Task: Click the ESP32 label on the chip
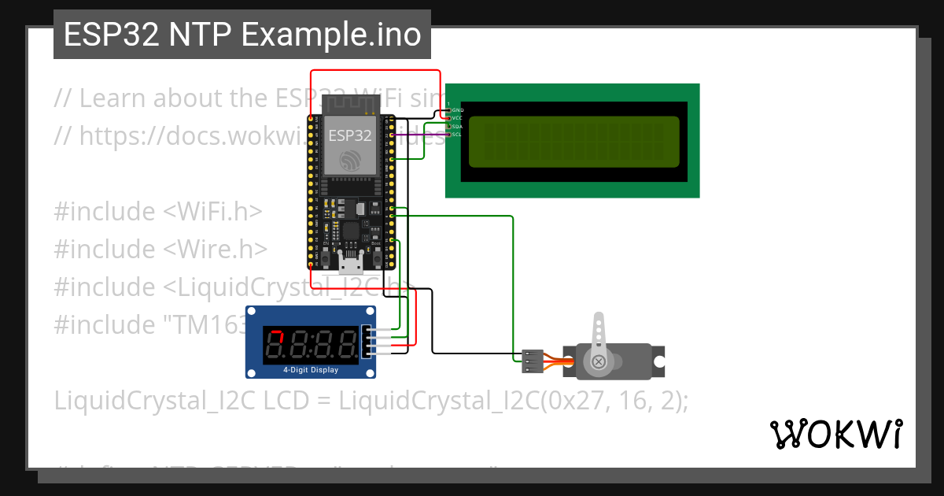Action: [x=350, y=135]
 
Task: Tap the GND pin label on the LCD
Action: [x=458, y=109]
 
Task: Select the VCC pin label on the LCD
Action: [x=458, y=117]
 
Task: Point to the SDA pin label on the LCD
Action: [x=458, y=126]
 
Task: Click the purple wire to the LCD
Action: [x=421, y=135]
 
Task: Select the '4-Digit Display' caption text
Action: [x=311, y=369]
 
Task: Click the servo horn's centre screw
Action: [x=599, y=362]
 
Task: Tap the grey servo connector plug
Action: [x=530, y=361]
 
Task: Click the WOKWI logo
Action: [x=836, y=434]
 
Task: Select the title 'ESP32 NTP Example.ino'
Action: [x=242, y=35]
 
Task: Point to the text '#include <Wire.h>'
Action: [x=160, y=249]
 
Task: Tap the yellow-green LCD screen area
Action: [x=573, y=142]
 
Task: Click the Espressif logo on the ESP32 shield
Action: [x=350, y=161]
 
